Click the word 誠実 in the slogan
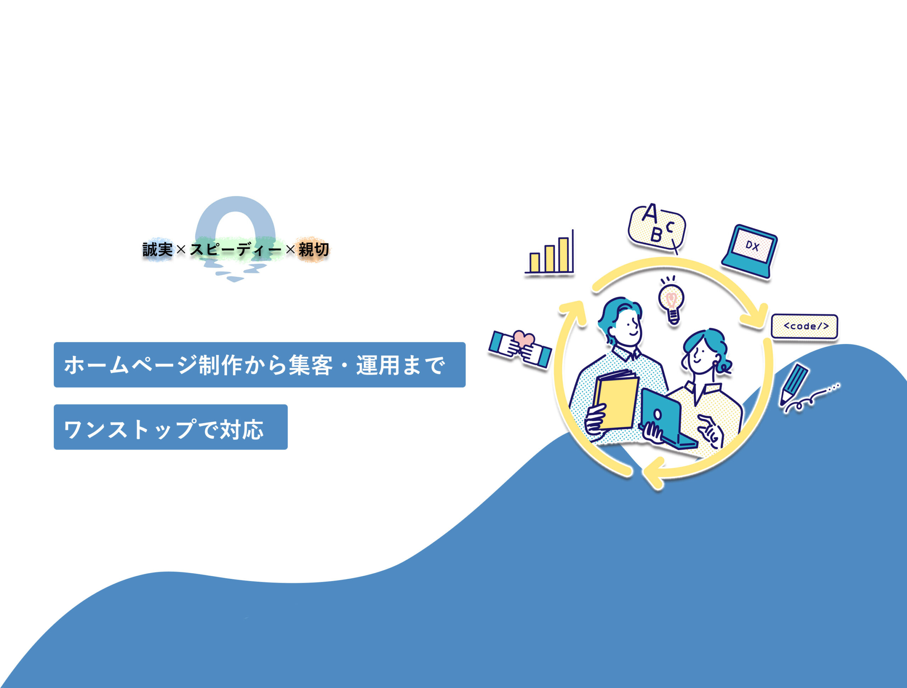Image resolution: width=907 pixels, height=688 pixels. pyautogui.click(x=157, y=249)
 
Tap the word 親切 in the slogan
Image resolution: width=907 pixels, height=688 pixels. pyautogui.click(x=314, y=249)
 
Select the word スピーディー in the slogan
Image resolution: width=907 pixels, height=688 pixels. pyautogui.click(x=236, y=249)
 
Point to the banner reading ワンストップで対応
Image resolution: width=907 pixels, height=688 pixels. pyautogui.click(x=170, y=427)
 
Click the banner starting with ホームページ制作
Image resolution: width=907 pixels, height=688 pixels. pyautogui.click(x=260, y=365)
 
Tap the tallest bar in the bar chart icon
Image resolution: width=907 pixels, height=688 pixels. pyautogui.click(x=563, y=255)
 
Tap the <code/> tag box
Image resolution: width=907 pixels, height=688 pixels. pyautogui.click(x=805, y=326)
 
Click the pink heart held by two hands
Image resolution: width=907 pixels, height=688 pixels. pyautogui.click(x=524, y=339)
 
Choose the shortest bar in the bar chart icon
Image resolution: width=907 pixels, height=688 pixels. pyautogui.click(x=535, y=263)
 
